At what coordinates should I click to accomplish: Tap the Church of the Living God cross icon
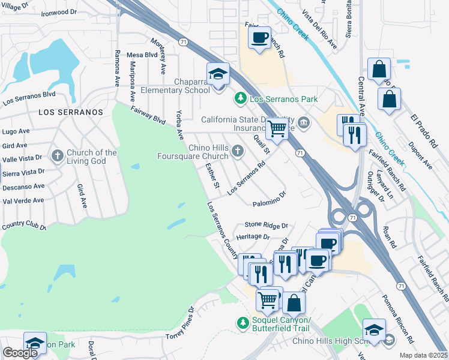coord(58,157)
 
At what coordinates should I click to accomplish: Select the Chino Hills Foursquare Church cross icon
coord(238,152)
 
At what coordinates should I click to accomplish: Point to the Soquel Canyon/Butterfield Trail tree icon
coord(243,323)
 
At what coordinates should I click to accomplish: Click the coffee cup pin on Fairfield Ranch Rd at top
coord(259,38)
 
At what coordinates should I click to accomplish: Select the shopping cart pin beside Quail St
coord(276,127)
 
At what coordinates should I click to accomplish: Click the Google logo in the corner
coord(20,353)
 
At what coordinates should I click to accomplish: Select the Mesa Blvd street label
coord(142,55)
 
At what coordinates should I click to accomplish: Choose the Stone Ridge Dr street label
coord(266,226)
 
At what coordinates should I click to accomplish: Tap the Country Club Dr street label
coord(24,227)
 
